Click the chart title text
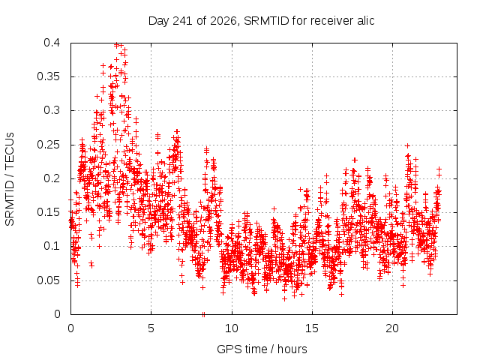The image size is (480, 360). (262, 21)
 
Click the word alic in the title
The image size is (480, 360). (365, 20)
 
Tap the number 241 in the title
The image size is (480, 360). (182, 21)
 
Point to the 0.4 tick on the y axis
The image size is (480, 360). (52, 43)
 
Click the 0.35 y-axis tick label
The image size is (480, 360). (48, 76)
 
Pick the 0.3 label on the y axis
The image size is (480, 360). (52, 110)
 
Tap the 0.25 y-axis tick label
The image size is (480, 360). (48, 145)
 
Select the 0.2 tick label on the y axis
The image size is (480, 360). (52, 178)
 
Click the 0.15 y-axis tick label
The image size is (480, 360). (48, 212)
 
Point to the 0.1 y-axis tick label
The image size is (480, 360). (52, 246)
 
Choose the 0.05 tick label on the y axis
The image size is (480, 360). (48, 280)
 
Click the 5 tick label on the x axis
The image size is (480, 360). (151, 328)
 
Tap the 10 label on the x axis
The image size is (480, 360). (232, 328)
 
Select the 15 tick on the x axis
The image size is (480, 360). (312, 328)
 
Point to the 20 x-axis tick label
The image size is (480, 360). (392, 328)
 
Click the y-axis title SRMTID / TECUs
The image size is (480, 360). (10, 179)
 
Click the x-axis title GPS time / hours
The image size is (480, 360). (262, 349)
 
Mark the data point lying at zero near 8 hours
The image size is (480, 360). (203, 314)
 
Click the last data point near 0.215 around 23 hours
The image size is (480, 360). (439, 169)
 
